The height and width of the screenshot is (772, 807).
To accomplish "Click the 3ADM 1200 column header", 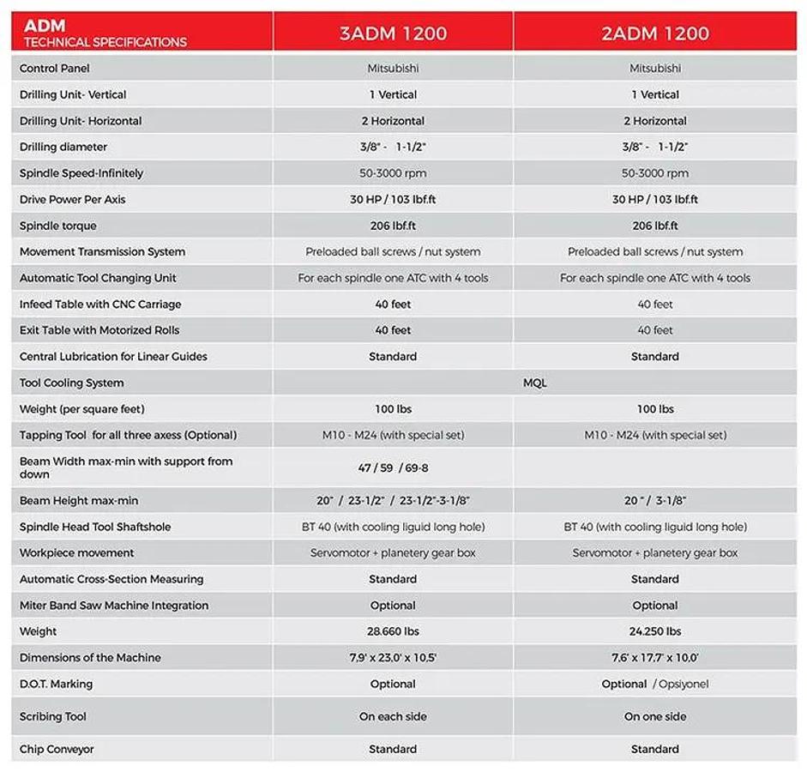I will pos(393,34).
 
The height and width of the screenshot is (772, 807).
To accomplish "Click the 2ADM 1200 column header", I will pos(655,34).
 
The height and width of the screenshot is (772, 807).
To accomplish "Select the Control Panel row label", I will pos(55,69).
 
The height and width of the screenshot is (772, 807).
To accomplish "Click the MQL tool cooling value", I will pos(534,383).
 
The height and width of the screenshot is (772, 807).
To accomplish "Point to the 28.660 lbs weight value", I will pos(393,632).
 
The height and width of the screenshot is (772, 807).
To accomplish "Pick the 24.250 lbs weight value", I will pos(655,632).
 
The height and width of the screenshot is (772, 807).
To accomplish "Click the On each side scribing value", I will pos(393,717).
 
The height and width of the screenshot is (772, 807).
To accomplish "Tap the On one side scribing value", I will pos(655,717).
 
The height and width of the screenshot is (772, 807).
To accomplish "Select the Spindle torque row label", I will pos(58,226).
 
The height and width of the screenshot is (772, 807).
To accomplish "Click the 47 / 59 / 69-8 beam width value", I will pos(393,468).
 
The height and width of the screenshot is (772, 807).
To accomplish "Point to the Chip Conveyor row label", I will pos(57,750).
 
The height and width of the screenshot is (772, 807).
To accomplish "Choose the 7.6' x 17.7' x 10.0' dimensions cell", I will pos(655,658).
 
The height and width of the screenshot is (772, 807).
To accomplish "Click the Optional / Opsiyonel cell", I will pos(655,685).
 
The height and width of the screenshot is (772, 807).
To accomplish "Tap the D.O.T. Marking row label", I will pos(57,685).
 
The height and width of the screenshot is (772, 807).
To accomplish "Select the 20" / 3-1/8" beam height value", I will pos(655,501).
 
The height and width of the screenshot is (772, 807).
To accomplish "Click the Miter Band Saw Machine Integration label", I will pos(114,606).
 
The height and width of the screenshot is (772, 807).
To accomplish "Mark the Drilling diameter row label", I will pos(63,148).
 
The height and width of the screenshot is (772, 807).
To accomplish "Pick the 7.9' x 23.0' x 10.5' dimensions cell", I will pos(393,658).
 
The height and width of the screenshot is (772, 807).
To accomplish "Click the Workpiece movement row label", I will pos(77,553).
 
